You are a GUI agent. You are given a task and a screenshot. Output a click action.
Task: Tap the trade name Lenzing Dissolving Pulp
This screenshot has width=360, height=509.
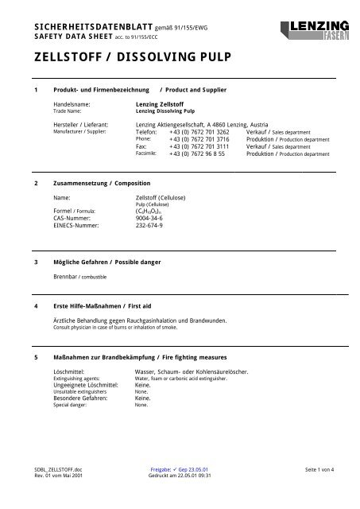(165, 111)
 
